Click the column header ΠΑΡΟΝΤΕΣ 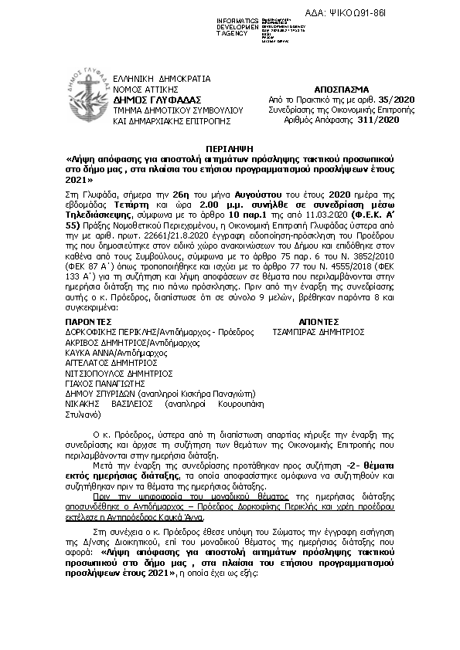click(84, 320)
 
